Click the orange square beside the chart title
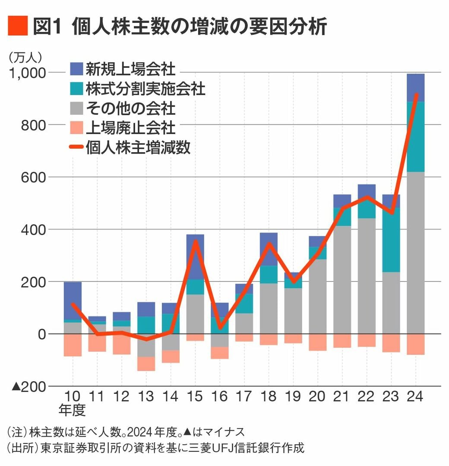click(18, 26)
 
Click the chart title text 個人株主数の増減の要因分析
click(199, 26)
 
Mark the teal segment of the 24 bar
click(415, 136)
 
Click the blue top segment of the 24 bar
click(415, 87)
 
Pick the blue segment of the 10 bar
click(73, 300)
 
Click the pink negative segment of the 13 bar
click(146, 364)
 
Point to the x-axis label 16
click(220, 397)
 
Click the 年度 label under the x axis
click(72, 410)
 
